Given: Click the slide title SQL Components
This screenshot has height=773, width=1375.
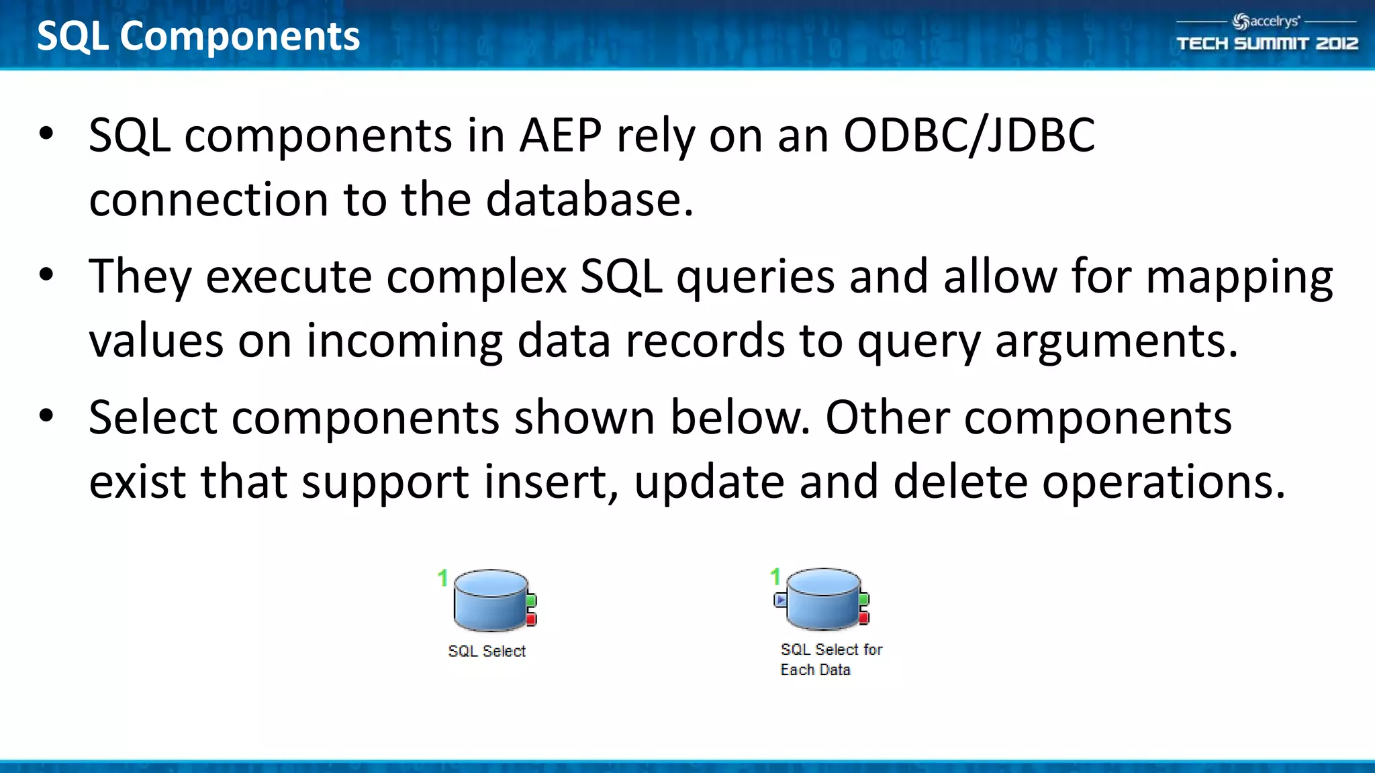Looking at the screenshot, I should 198,36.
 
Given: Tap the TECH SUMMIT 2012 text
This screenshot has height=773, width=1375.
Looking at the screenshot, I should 1267,44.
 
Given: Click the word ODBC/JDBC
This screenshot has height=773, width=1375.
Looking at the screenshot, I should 969,136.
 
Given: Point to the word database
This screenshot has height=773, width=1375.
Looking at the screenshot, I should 589,200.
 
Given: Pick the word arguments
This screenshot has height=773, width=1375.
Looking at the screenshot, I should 1116,341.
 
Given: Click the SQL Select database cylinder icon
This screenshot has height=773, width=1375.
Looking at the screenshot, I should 490,600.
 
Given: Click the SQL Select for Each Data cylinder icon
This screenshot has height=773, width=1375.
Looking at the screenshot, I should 822,599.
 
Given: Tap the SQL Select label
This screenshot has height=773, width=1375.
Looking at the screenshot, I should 487,651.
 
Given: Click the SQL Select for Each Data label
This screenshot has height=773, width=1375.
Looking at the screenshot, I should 831,659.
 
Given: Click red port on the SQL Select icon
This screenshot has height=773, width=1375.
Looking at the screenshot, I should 531,619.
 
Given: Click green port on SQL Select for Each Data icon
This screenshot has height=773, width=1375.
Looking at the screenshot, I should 864,599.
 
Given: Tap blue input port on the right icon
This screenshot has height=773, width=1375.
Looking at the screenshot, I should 779,599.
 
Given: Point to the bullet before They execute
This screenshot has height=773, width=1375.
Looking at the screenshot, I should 46,274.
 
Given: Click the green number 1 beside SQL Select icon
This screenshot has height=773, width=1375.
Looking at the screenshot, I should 442,578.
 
